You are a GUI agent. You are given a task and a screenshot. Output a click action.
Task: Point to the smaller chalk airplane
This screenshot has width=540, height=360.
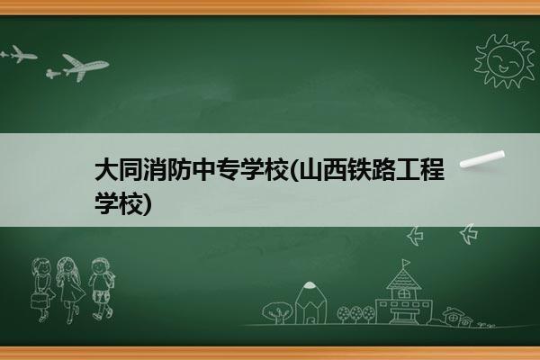click(18, 54)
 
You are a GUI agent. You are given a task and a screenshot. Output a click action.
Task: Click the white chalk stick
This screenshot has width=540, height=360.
click(482, 159)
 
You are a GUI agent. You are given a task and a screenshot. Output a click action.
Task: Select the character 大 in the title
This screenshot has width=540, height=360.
click(106, 169)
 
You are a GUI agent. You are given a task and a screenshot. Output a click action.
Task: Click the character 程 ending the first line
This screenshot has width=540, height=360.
click(432, 169)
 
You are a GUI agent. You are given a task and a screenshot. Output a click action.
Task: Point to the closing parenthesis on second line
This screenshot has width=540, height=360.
click(147, 204)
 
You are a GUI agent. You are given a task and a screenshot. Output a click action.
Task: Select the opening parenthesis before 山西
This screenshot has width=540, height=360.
click(293, 169)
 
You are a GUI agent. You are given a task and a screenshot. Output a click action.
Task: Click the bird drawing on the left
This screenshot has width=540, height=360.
click(415, 236)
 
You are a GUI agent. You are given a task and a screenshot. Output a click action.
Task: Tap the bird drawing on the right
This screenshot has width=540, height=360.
click(469, 234)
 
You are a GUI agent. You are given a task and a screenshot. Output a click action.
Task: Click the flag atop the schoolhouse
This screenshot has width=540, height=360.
click(406, 263)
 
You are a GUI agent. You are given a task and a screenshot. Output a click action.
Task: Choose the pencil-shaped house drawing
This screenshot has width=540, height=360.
click(310, 303)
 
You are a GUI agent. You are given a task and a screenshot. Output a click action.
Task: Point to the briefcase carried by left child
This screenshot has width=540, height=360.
click(38, 301)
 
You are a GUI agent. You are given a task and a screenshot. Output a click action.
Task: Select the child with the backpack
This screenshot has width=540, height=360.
click(102, 289)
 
